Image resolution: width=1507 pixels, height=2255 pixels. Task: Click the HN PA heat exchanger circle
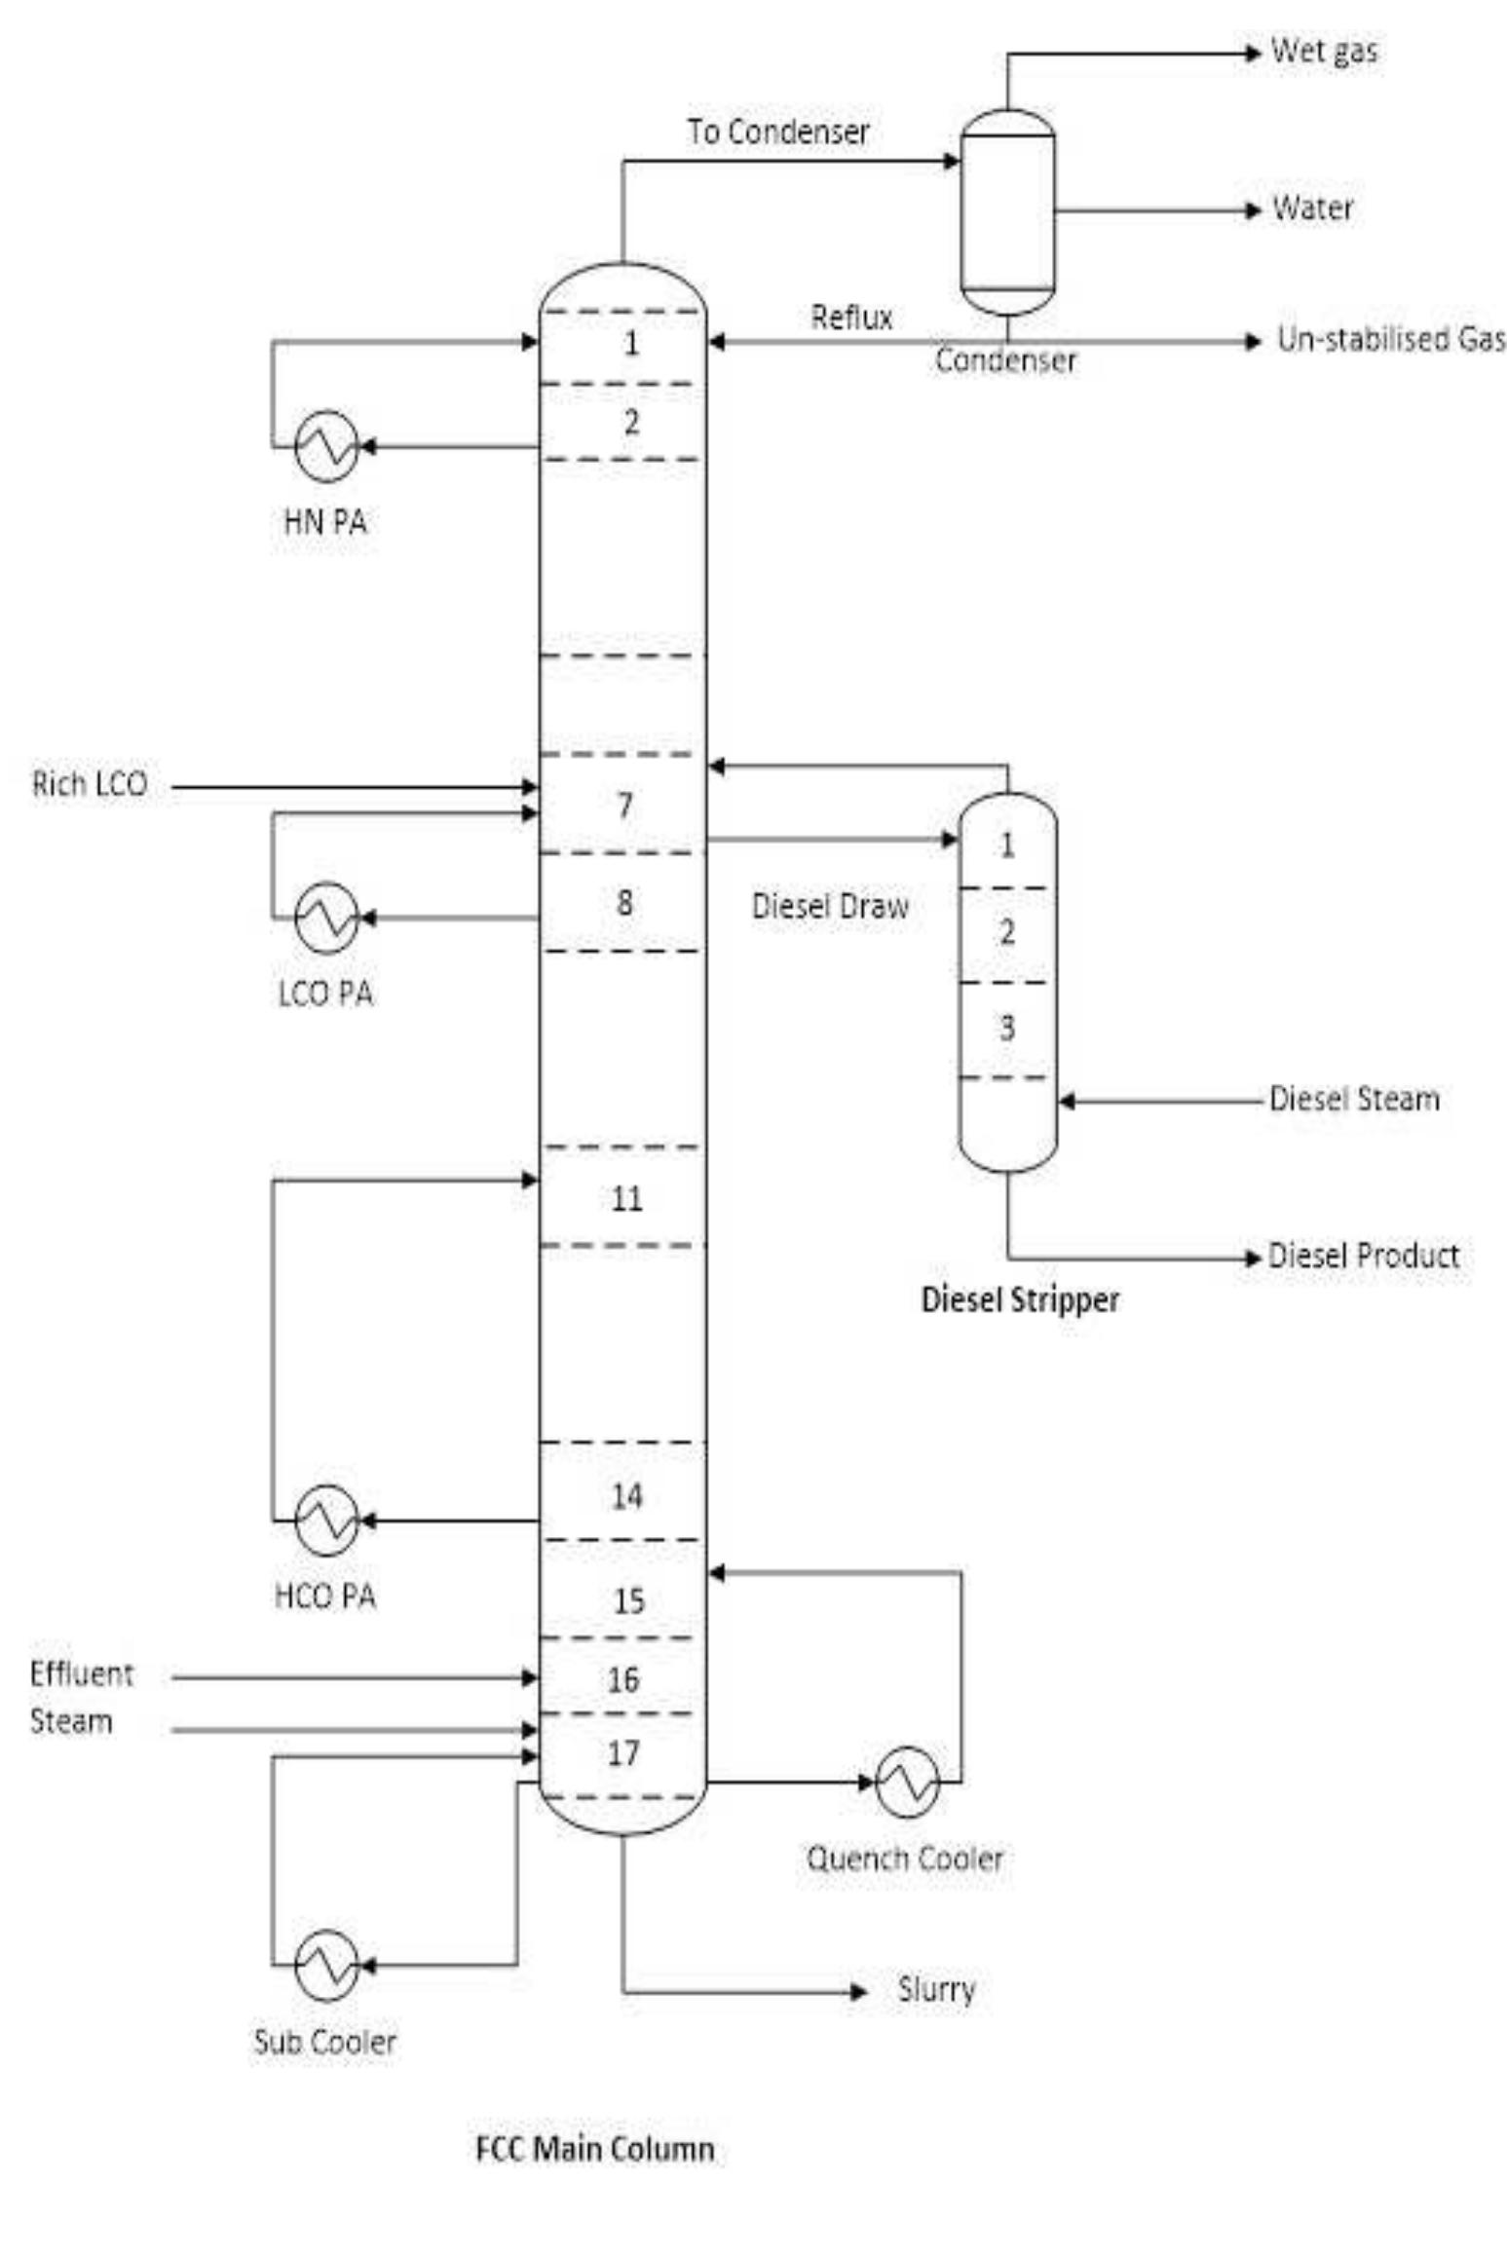(x=327, y=446)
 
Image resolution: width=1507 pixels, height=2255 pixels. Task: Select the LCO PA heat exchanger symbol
(x=327, y=918)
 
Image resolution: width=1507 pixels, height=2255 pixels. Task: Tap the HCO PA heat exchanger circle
(x=327, y=1520)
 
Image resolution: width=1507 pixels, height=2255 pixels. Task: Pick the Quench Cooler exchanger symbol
(x=907, y=1782)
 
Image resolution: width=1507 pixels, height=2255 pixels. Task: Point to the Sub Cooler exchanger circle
(x=327, y=1966)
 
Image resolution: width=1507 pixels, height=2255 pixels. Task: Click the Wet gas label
(x=1324, y=51)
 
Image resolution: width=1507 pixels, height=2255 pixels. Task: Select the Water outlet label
(x=1312, y=207)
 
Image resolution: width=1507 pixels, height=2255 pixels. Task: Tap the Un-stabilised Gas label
(x=1391, y=339)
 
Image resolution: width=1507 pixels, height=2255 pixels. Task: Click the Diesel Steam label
(x=1354, y=1099)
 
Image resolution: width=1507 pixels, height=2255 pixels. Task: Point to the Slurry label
(x=936, y=1989)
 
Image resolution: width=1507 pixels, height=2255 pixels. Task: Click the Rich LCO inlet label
(x=90, y=784)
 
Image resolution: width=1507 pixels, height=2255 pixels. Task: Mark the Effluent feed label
(x=82, y=1673)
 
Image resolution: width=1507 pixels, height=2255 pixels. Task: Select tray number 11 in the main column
(x=626, y=1198)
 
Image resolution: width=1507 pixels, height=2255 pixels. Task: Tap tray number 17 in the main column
(x=623, y=1753)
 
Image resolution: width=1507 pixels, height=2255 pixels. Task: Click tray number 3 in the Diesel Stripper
(x=1007, y=1028)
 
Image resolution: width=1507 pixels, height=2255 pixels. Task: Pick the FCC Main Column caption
(x=595, y=2149)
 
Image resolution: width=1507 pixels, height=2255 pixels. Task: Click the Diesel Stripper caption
(x=1020, y=1299)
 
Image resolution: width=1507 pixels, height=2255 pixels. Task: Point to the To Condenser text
(x=778, y=132)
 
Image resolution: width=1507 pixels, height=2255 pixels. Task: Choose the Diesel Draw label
(x=830, y=906)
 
